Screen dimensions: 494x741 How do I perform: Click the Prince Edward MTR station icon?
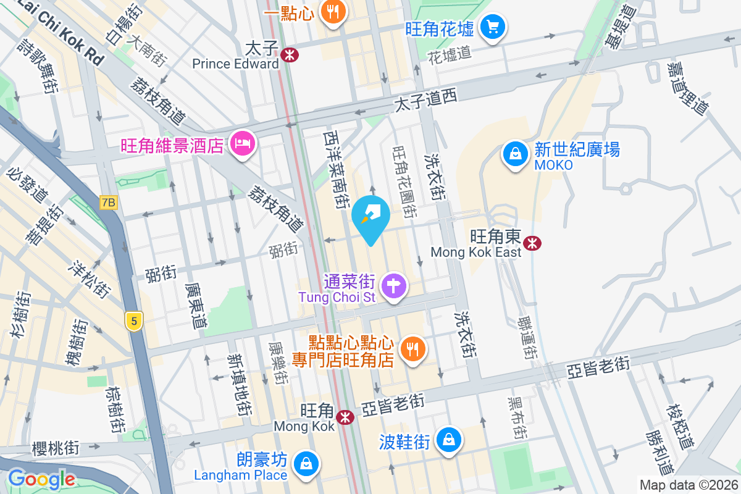288,56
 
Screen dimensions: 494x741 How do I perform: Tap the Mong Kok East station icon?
532,243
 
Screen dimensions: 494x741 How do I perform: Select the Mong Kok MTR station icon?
345,417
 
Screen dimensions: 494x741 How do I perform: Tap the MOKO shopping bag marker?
514,154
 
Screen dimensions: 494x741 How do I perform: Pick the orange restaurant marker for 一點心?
333,12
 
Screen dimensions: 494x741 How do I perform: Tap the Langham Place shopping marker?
305,463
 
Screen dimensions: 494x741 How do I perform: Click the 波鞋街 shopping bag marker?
447,440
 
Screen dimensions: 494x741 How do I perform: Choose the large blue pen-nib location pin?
371,217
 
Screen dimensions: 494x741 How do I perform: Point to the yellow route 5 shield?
132,321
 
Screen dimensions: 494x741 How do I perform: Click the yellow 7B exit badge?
109,202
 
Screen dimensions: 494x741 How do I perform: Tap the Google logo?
41,479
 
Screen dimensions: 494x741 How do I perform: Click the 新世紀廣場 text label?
577,149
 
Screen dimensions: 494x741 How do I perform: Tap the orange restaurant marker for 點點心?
410,349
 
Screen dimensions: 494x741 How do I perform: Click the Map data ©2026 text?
688,485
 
